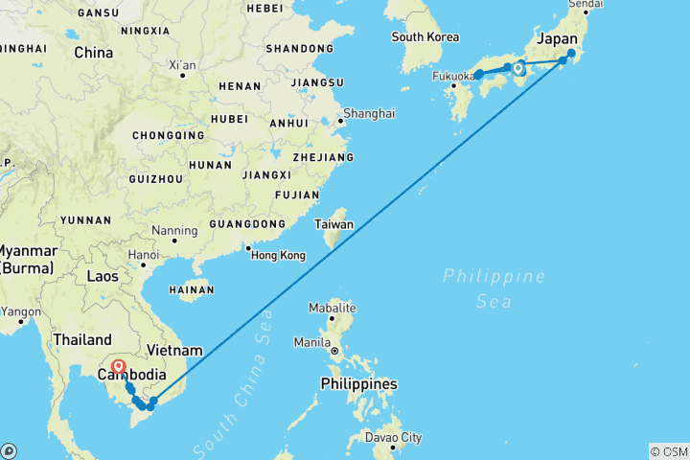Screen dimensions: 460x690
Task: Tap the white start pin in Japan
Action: tap(517, 68)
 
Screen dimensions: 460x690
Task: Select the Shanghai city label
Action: tap(368, 113)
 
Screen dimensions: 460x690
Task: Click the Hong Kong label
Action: tap(277, 255)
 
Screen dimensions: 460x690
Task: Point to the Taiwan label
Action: tap(335, 225)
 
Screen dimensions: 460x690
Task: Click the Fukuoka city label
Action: tap(453, 76)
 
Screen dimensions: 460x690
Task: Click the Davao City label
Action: tap(392, 438)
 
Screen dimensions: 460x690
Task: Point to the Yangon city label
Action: tap(23, 310)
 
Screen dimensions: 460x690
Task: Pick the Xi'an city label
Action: tap(182, 65)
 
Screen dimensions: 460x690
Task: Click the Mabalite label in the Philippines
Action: tap(333, 309)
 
